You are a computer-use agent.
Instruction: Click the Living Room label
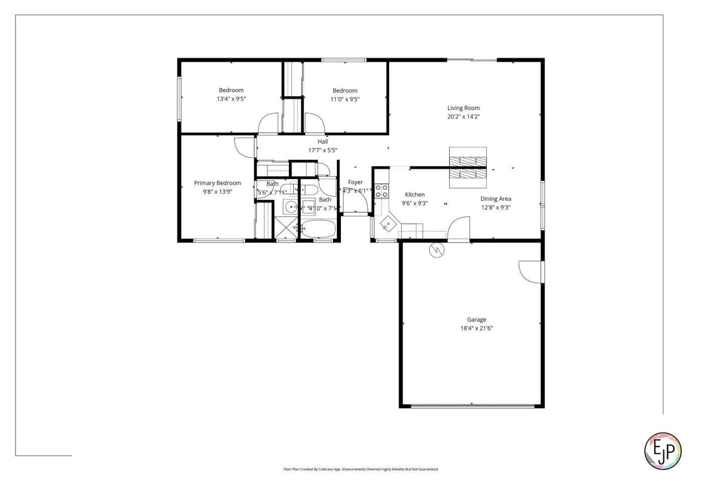tap(463, 108)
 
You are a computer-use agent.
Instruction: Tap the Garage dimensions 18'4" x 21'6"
tap(476, 328)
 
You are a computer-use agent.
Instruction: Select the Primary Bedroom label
tap(217, 183)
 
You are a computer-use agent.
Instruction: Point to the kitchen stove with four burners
tap(382, 190)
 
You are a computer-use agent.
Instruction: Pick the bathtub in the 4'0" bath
tap(318, 229)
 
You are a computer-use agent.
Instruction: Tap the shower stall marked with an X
tap(286, 228)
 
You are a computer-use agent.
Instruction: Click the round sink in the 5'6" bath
tap(291, 206)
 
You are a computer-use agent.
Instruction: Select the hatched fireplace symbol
tap(467, 167)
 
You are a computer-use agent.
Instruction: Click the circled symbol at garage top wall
tap(437, 250)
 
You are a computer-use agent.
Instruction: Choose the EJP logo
tap(662, 451)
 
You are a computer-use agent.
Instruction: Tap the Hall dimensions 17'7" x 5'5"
tap(322, 150)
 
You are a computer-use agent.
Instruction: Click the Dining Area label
tap(495, 198)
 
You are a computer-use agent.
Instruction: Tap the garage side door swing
tap(530, 272)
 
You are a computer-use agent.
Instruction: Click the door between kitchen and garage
tap(459, 229)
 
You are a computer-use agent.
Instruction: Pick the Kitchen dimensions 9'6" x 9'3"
tap(414, 203)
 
